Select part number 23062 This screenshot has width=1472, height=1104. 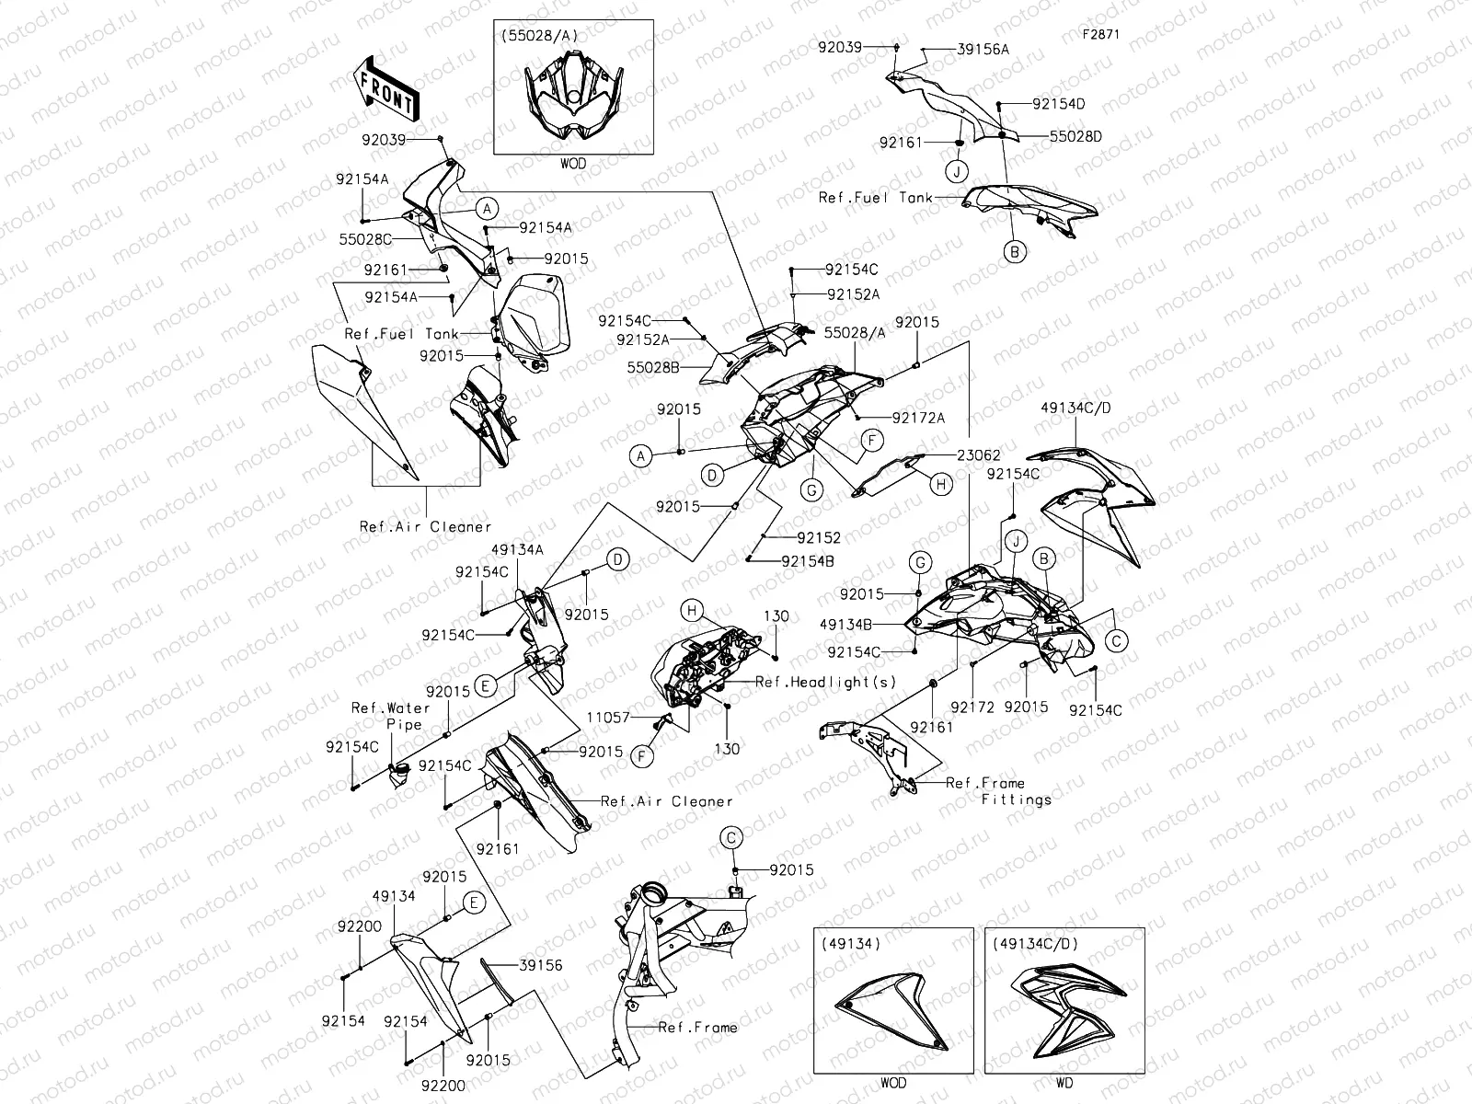pyautogui.click(x=978, y=455)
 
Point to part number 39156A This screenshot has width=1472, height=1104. pyautogui.click(x=983, y=50)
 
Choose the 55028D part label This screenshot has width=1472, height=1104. pyautogui.click(x=1075, y=136)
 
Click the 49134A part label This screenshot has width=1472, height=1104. pyautogui.click(x=517, y=550)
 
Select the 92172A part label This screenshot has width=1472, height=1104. pyautogui.click(x=918, y=418)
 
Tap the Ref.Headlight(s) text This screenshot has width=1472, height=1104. pyautogui.click(x=825, y=682)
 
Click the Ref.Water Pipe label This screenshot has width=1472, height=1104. pyautogui.click(x=391, y=716)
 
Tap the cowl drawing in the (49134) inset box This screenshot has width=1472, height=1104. pyautogui.click(x=892, y=1012)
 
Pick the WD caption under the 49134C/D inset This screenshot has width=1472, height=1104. pyautogui.click(x=1064, y=1083)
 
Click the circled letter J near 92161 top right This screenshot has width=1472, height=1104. pyautogui.click(x=957, y=172)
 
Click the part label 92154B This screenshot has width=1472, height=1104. pyautogui.click(x=808, y=560)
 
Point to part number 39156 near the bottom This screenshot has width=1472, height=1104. pyautogui.click(x=541, y=965)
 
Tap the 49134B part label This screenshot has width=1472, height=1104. pyautogui.click(x=846, y=624)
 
